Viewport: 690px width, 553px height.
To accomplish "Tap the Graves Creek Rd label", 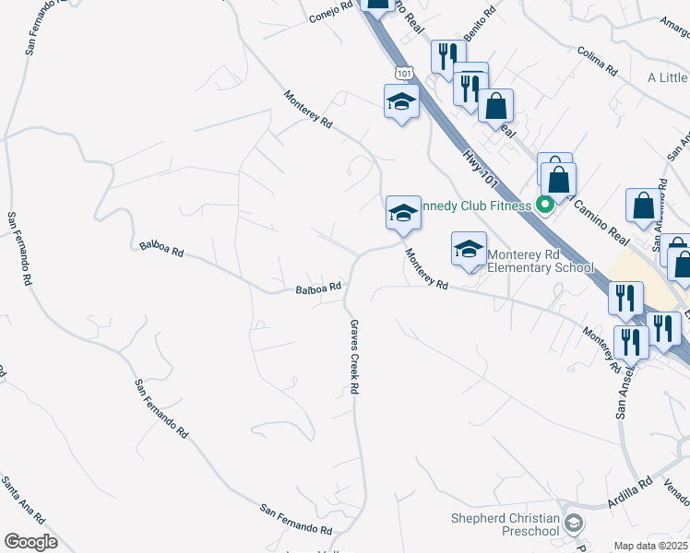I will [352, 357].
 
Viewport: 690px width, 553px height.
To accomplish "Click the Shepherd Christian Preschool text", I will [506, 524].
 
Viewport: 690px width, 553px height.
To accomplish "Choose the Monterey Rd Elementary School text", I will [541, 261].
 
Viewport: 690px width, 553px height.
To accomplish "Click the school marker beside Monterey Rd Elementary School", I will [469, 248].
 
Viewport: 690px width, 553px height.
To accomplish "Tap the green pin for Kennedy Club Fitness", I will [544, 205].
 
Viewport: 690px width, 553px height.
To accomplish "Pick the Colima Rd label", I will [596, 61].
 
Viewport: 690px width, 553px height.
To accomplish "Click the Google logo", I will [30, 542].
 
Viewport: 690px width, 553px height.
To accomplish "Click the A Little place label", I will [667, 78].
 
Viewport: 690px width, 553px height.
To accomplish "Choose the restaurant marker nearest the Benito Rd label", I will [446, 55].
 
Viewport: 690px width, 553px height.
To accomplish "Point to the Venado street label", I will [676, 496].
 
